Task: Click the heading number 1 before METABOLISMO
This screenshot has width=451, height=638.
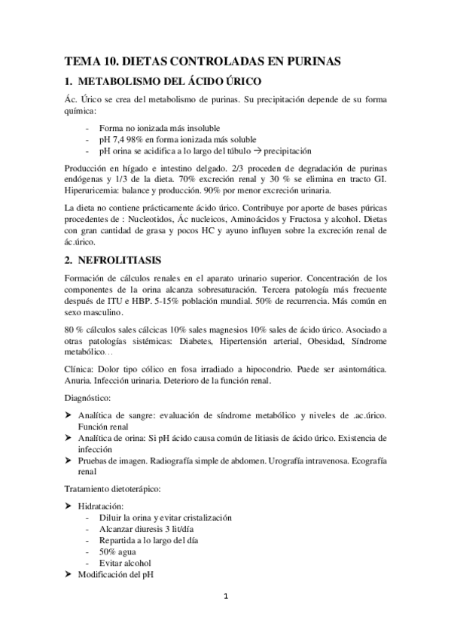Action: click(x=69, y=82)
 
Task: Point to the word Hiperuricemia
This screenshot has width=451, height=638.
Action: click(x=95, y=190)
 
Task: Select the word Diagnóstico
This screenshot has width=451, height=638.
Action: click(x=90, y=396)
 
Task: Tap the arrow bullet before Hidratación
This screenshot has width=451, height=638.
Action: click(x=69, y=506)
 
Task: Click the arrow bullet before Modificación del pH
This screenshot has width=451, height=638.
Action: click(x=69, y=574)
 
